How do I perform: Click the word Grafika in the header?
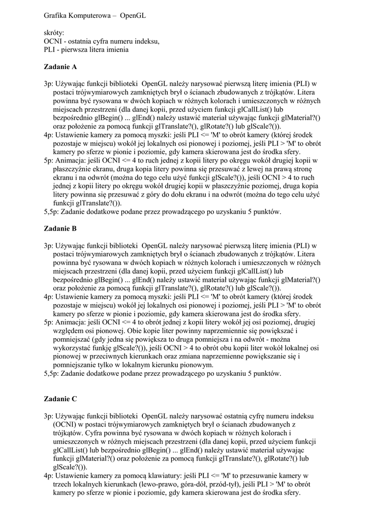pos(56,16)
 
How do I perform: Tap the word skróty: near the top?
pos(54,33)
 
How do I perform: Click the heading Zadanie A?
pos(60,67)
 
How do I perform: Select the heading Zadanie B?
pos(60,229)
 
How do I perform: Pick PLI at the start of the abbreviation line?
pos(50,50)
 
